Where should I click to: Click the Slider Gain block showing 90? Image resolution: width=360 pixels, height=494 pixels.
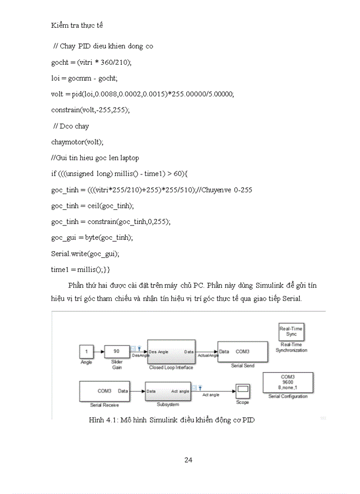coord(116,351)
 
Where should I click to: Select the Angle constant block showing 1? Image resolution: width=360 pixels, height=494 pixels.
coord(86,352)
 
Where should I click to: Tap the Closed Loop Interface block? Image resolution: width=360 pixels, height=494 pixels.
coord(171,352)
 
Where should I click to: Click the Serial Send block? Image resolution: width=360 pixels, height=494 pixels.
coord(242,352)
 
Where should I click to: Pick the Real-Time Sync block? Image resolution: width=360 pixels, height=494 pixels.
coord(291,332)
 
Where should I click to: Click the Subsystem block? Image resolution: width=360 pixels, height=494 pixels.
coord(168,391)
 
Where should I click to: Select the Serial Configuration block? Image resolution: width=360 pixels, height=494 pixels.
coord(287,382)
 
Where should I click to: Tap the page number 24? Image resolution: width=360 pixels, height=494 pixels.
coord(188,460)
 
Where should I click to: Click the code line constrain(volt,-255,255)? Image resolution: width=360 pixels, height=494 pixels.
coord(91,110)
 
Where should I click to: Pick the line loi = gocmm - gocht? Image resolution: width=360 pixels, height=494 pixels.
coord(84,78)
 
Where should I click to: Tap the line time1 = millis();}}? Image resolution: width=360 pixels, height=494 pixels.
coord(80,270)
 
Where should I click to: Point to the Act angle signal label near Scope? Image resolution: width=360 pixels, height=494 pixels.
coord(211,395)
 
